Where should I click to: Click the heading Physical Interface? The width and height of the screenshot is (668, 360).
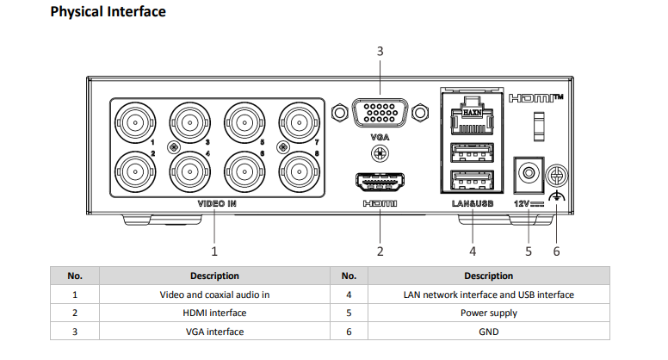click(x=108, y=12)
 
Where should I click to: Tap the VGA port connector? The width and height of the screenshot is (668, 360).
click(x=379, y=113)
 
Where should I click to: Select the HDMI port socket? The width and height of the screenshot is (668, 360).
click(x=379, y=182)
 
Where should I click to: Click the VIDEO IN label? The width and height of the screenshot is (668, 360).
click(x=217, y=203)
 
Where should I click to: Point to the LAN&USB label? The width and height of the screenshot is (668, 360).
click(x=472, y=203)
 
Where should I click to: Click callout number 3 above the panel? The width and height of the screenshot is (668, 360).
click(x=380, y=52)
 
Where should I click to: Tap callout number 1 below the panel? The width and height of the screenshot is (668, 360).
click(x=214, y=251)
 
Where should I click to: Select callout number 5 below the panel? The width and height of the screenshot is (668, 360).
click(x=529, y=251)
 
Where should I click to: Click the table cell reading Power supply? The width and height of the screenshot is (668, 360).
click(x=488, y=313)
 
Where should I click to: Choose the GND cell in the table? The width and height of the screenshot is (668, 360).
click(x=488, y=332)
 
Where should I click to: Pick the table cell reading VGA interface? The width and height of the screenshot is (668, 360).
click(x=214, y=332)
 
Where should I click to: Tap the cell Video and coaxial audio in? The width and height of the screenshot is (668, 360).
click(x=214, y=295)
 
